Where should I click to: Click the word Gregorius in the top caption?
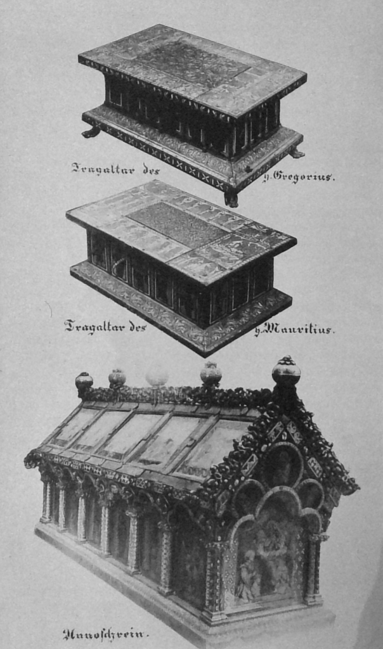(x=303, y=177)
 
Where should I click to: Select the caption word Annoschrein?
(x=105, y=633)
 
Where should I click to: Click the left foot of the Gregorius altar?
(x=91, y=132)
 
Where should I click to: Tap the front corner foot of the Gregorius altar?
(x=231, y=198)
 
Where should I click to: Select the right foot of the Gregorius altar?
(x=296, y=153)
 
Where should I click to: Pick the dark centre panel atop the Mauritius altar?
(x=178, y=224)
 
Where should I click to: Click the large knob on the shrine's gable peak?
(x=286, y=371)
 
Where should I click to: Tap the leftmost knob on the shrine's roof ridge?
(x=84, y=381)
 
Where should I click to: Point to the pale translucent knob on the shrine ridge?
(x=157, y=377)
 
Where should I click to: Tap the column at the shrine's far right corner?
(x=313, y=567)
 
